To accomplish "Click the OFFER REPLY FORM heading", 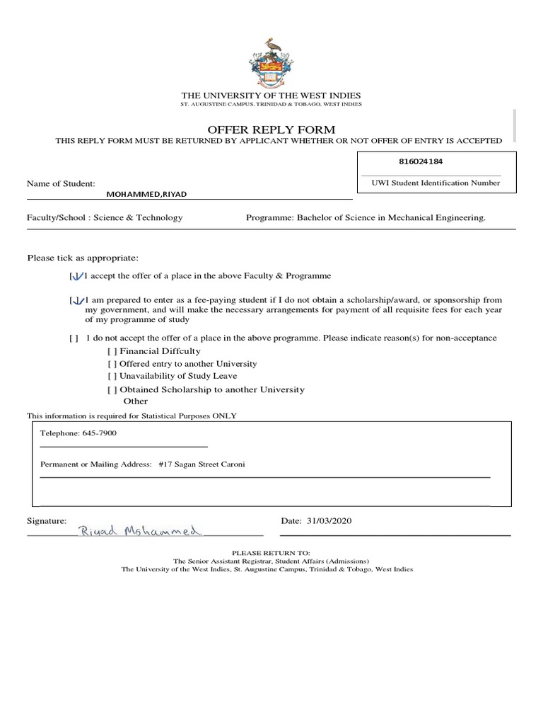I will pos(271,129).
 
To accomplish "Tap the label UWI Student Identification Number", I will pos(436,183).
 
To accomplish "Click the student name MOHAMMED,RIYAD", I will pos(147,194).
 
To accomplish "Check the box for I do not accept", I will pos(74,338).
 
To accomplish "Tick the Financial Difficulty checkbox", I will pos(112,351).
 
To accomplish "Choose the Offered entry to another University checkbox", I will pos(112,364).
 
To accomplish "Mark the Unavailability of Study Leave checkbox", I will pos(112,376).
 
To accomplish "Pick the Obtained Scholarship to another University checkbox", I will pos(112,389).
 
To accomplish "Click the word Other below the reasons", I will pos(136,401).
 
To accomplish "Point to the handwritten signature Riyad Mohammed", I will pos(141,530).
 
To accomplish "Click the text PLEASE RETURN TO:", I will pos(271,552).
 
